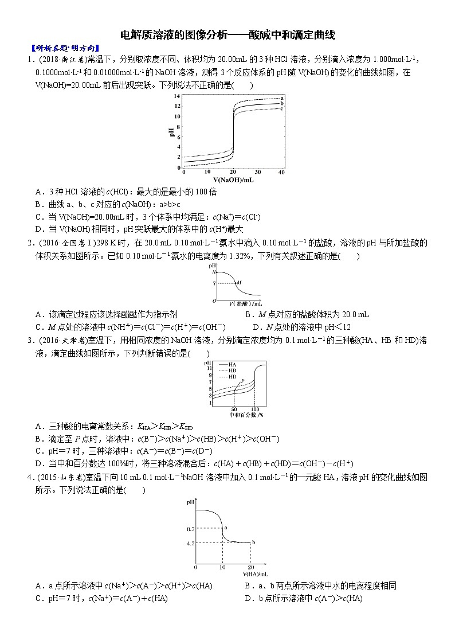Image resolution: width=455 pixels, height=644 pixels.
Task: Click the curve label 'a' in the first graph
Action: click(282, 99)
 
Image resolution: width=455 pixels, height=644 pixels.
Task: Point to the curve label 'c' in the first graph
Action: click(282, 108)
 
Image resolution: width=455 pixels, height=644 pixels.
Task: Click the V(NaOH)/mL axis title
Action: click(233, 179)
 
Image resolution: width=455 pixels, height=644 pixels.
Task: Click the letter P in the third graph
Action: click(242, 381)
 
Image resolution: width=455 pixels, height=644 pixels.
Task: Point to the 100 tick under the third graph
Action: click(255, 409)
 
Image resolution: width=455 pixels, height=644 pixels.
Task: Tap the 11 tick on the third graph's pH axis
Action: click(210, 367)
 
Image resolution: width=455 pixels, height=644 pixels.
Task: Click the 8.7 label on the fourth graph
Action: click(190, 528)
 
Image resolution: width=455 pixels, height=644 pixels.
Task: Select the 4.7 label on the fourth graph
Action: click(190, 542)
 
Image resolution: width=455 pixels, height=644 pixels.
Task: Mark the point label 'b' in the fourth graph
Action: click(253, 542)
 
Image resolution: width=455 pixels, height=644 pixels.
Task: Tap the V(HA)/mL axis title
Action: click(255, 573)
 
